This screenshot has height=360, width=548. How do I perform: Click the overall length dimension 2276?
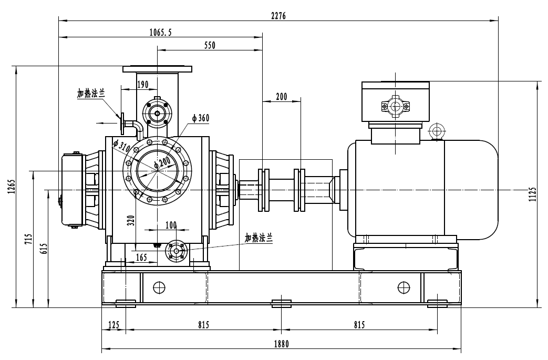coord(278,16)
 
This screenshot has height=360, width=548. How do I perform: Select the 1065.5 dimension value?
coord(160,33)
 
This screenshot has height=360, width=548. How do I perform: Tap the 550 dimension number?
coord(210,46)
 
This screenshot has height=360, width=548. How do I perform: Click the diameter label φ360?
coord(200,118)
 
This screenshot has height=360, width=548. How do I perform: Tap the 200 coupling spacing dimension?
coord(282,96)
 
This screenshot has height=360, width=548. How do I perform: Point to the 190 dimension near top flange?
coord(143,84)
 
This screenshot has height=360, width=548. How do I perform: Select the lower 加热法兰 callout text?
coord(259,238)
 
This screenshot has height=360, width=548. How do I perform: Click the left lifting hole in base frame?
coord(159,287)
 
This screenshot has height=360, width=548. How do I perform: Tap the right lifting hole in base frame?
coord(404,287)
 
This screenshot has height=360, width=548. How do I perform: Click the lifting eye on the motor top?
coord(436,131)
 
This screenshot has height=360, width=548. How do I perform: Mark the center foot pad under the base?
coord(282,303)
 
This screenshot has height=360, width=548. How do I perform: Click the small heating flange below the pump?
coord(175,251)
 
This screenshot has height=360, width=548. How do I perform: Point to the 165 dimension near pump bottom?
coord(141,257)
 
